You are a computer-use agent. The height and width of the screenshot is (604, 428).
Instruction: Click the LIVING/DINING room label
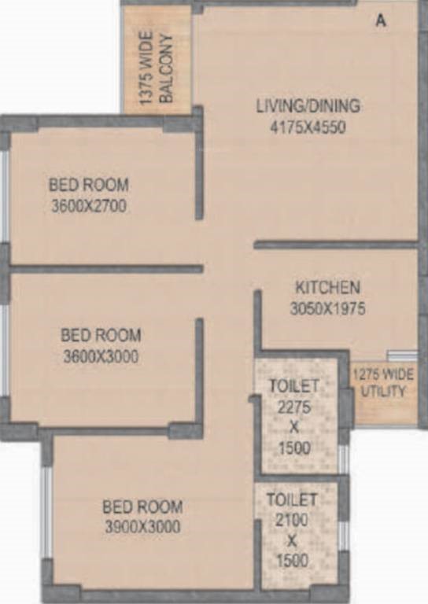tap(308, 106)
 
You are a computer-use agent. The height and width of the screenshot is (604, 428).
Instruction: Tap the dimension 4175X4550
tap(308, 127)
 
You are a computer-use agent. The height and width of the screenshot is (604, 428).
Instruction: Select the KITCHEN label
tap(328, 288)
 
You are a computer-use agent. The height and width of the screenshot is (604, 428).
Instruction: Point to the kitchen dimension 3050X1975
tap(327, 308)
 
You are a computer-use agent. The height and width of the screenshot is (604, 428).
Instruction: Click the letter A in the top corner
tap(381, 20)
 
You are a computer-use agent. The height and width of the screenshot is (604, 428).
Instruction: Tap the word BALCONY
tap(167, 68)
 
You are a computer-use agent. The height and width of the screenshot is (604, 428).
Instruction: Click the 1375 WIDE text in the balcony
tap(146, 68)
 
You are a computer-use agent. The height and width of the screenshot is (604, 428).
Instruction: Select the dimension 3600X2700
tap(89, 206)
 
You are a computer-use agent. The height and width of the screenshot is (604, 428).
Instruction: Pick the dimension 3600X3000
tap(101, 356)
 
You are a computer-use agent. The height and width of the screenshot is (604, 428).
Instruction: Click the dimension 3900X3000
tap(142, 527)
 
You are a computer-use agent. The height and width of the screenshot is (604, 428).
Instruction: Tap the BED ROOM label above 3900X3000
tap(142, 506)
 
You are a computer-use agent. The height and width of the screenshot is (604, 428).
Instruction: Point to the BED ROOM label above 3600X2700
tap(89, 185)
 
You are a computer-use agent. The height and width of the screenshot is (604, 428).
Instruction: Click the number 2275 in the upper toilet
tap(294, 407)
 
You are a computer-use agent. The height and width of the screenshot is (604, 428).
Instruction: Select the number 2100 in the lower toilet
tap(292, 521)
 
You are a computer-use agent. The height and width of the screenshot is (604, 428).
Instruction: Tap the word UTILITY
tap(383, 392)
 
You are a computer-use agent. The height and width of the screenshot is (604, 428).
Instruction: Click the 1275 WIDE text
tap(383, 375)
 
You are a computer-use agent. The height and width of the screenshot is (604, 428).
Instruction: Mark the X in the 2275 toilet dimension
tap(294, 427)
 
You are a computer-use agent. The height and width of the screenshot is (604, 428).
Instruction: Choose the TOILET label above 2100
tap(292, 500)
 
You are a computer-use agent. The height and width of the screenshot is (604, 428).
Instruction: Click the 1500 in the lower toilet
tap(292, 561)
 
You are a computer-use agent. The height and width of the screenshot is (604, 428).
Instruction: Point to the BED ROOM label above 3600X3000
tap(101, 335)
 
